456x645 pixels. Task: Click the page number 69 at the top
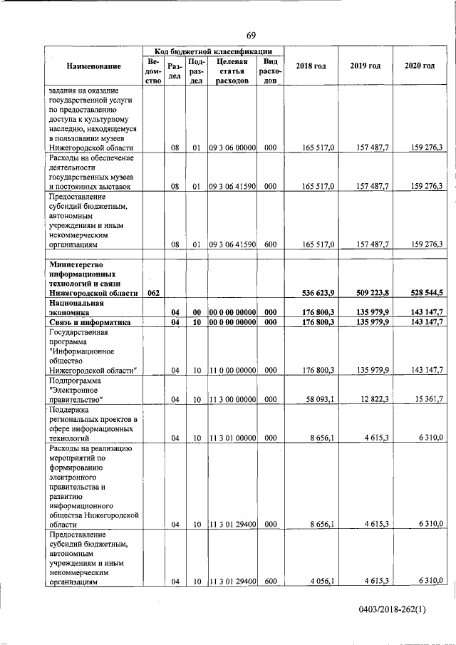click(252, 36)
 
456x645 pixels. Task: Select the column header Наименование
click(94, 66)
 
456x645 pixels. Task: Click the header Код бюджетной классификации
click(213, 51)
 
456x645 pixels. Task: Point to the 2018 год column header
click(311, 66)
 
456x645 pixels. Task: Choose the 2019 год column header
click(365, 66)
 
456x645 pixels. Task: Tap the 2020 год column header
click(419, 66)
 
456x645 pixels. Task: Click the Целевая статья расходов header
click(232, 71)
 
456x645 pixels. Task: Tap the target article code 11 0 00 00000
click(232, 369)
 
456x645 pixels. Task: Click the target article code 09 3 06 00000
click(232, 147)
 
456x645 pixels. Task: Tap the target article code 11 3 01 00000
click(232, 438)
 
